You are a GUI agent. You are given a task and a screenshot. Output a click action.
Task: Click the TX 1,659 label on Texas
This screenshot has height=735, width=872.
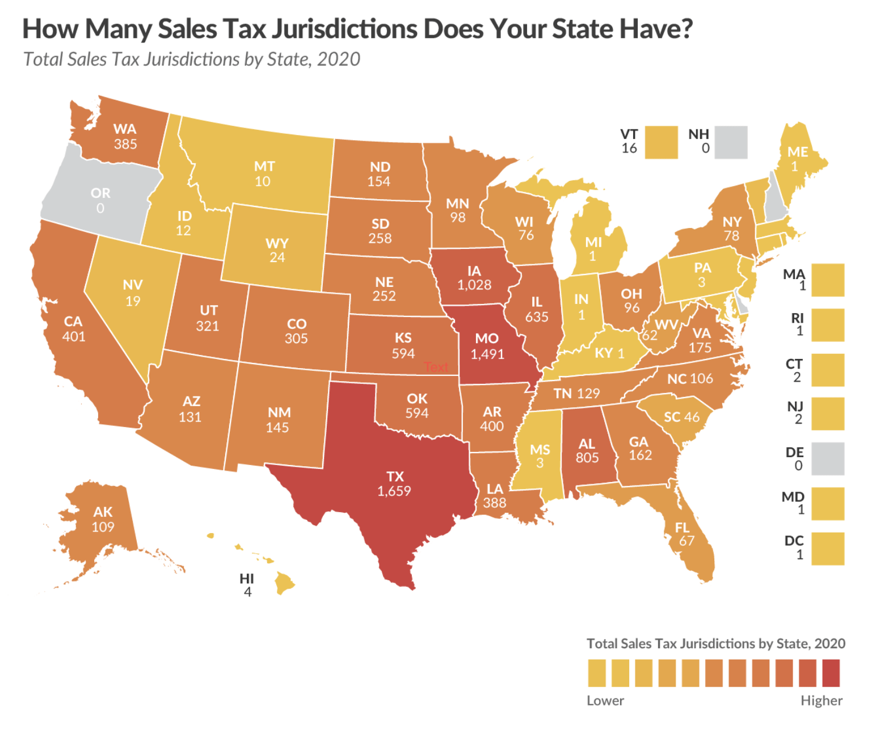pos(394,484)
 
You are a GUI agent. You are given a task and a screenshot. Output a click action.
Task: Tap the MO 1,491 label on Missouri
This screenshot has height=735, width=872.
pos(487,347)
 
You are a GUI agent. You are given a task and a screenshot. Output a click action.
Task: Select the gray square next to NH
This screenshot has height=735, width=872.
pos(731,142)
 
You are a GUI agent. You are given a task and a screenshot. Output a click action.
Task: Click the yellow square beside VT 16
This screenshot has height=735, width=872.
pos(662,142)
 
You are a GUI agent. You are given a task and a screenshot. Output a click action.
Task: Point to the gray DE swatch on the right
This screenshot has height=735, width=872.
pos(827,459)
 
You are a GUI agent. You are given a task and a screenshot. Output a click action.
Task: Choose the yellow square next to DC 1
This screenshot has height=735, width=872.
pos(827,548)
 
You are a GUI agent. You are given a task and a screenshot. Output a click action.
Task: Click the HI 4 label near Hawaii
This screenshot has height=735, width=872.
pos(247,585)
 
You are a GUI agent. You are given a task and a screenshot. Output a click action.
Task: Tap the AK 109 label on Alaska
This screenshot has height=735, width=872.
pos(103,519)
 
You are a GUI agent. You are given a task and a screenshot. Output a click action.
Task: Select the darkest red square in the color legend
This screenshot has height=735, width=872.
pos(831,673)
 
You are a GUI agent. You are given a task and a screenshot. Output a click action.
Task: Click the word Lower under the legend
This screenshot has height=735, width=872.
pos(605,700)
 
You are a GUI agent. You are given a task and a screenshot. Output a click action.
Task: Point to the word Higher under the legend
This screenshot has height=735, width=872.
pos(821,700)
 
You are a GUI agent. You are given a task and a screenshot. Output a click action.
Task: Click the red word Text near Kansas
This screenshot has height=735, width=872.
pos(436,367)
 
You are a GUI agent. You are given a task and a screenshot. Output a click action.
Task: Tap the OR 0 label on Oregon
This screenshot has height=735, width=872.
pos(100,200)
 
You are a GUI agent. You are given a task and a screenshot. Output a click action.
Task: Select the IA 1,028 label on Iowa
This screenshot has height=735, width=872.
pos(474,278)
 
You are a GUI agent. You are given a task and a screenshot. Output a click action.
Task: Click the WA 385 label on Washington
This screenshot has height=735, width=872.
pos(125,136)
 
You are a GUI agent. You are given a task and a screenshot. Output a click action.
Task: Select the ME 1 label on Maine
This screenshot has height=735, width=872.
pos(797,158)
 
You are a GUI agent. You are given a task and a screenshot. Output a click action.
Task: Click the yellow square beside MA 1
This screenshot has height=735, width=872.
pos(827,280)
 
